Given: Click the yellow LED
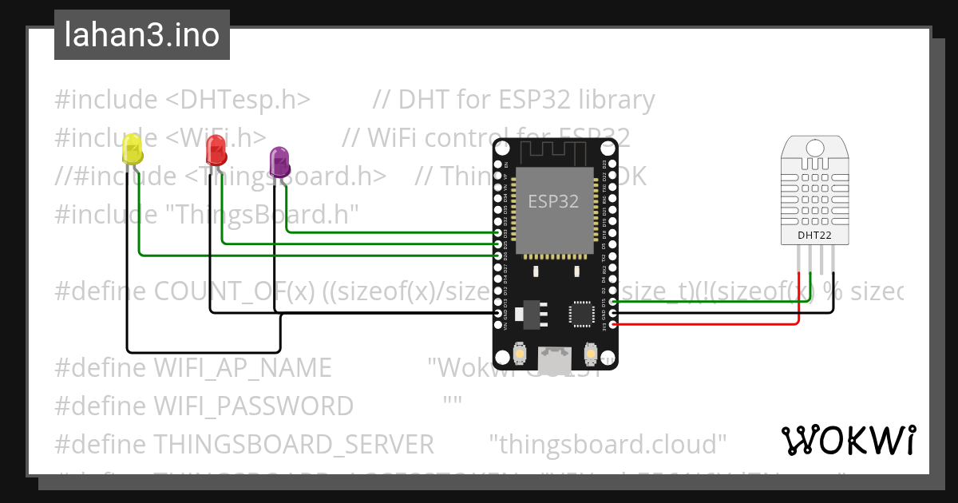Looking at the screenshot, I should coord(133,151).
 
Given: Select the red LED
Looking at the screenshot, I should coord(216,149).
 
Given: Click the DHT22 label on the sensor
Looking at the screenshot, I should coord(814,236).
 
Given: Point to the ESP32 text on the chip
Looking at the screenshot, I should coord(553,201).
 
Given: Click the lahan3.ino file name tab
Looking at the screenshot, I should coord(142,35).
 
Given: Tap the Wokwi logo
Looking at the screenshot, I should coord(848,440).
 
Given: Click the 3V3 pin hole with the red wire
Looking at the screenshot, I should coord(612,325).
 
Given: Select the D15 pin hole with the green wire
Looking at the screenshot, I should coord(612,303).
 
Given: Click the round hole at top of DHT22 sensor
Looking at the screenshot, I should coord(814,148).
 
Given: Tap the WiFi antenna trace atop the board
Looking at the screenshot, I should coord(555,151).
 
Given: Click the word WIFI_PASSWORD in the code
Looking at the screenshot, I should coord(253,406).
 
